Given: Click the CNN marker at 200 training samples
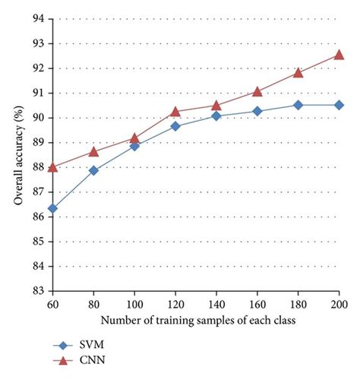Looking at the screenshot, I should (x=339, y=54).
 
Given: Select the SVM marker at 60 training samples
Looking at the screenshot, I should (x=52, y=208).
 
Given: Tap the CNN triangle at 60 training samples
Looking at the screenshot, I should (x=52, y=166).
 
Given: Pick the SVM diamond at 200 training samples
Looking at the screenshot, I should (x=339, y=105).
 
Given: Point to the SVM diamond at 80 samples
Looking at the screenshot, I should (x=93, y=170).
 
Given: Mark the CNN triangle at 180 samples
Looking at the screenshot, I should (x=298, y=72).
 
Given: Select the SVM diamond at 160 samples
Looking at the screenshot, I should (x=257, y=111).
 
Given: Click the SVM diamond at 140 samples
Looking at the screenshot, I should (x=216, y=116).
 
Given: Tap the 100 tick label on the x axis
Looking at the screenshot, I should (x=134, y=304).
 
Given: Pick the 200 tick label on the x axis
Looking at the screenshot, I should (x=338, y=304).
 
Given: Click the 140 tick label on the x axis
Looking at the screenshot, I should (x=216, y=304).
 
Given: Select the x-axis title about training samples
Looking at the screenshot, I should (x=195, y=320).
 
